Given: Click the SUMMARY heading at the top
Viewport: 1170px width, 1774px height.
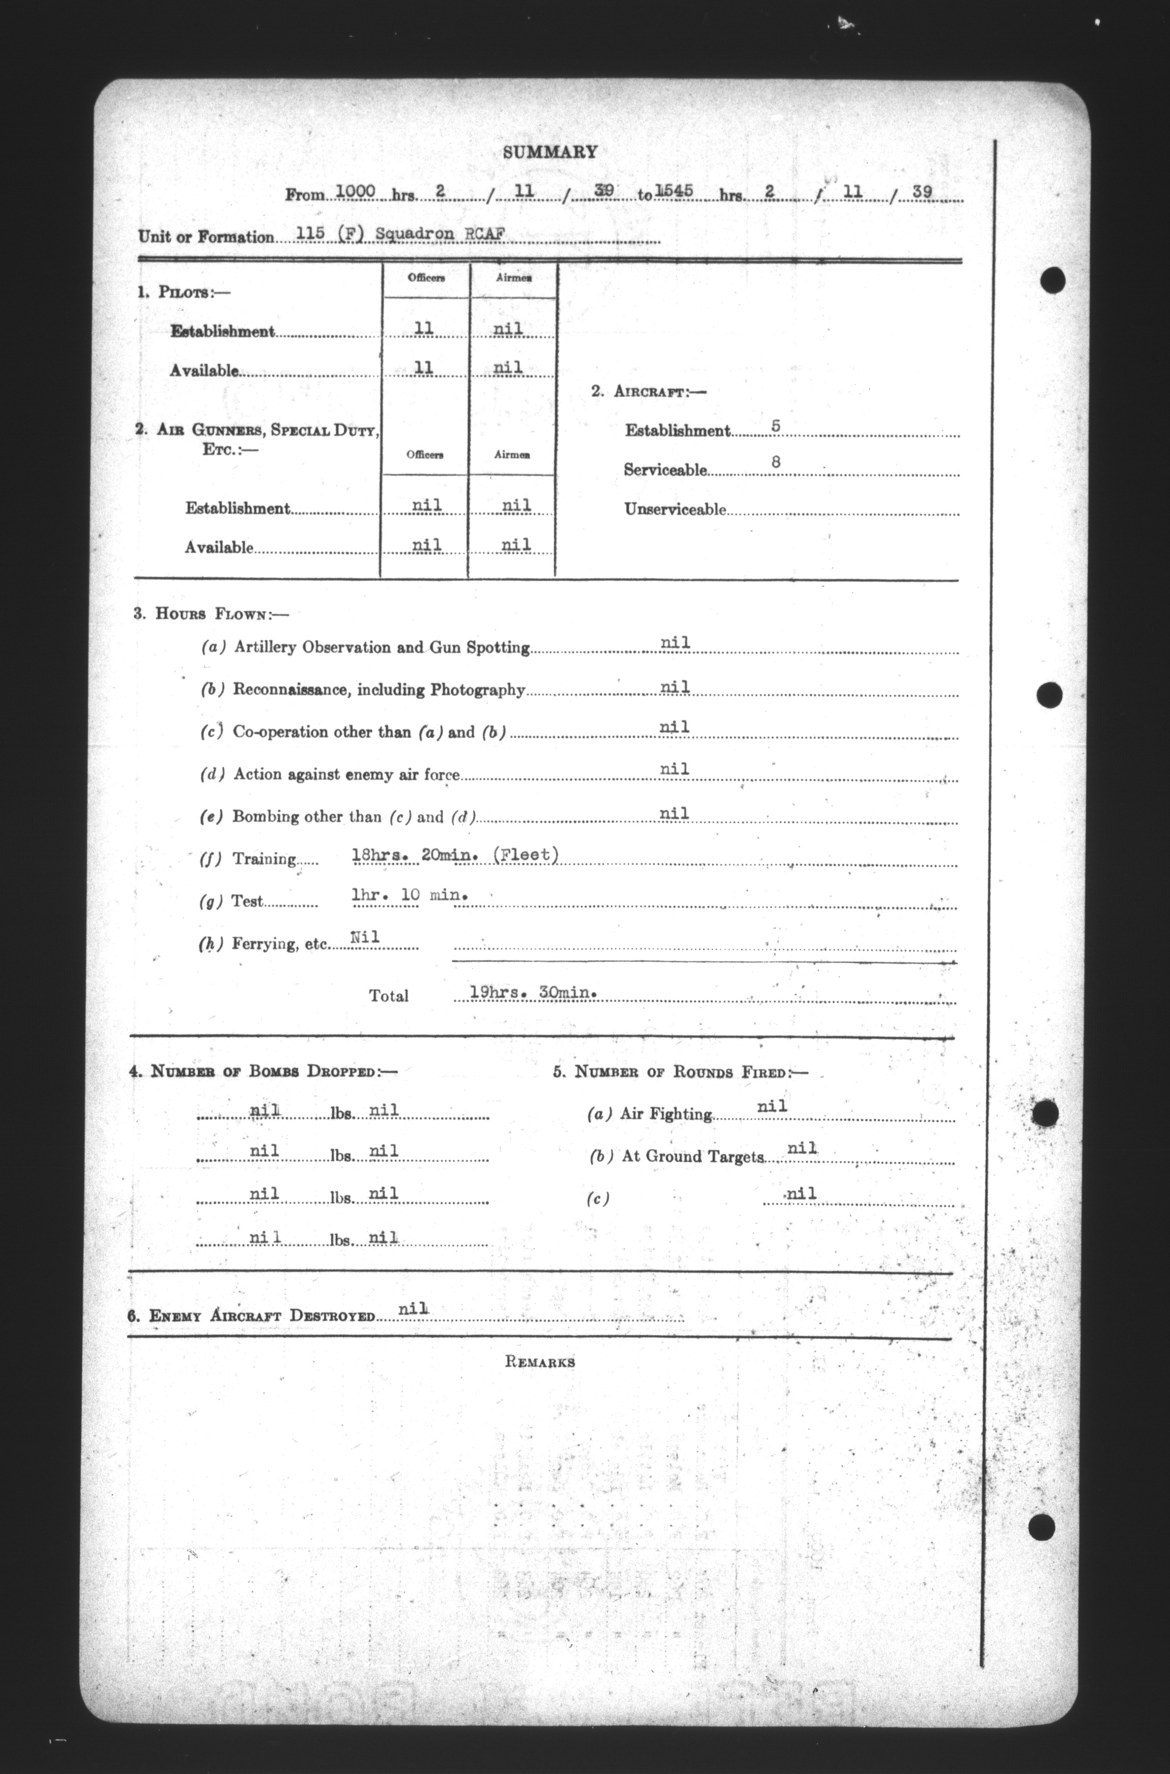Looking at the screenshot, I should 550,152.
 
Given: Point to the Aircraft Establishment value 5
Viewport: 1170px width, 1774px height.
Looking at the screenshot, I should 776,426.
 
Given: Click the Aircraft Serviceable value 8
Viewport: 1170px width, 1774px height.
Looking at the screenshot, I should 776,463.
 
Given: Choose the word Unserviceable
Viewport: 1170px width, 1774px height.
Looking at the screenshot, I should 675,510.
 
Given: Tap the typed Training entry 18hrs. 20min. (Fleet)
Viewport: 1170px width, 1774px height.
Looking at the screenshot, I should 455,855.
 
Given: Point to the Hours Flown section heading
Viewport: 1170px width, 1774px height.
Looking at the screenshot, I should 211,614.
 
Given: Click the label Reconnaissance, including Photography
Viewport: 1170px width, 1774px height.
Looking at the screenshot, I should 379,690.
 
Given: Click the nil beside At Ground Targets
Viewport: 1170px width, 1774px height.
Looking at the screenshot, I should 802,1148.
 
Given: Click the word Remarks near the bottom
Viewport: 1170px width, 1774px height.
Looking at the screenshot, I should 540,1362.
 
